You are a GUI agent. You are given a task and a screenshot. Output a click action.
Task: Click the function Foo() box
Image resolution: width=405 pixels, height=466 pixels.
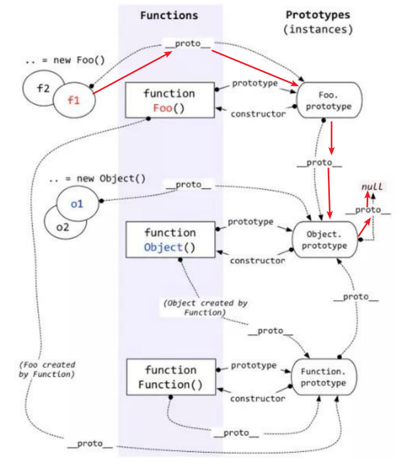pos(169,100)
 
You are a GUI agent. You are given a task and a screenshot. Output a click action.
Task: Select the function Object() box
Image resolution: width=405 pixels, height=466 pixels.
pos(170,240)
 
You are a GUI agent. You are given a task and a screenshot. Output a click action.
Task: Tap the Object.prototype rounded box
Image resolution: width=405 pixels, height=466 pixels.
pos(326,240)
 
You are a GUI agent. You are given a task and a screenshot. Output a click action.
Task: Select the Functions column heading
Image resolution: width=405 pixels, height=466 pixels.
pos(169,15)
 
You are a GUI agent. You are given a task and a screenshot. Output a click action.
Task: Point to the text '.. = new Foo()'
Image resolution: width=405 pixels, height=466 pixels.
pos(65,61)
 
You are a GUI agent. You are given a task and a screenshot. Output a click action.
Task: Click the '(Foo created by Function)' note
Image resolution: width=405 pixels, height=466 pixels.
pos(47,370)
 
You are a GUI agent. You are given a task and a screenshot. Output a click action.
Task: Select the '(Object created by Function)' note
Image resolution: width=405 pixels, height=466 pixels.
pos(206,307)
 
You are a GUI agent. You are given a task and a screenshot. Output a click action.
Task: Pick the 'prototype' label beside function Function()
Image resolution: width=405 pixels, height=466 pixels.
pos(254,366)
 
